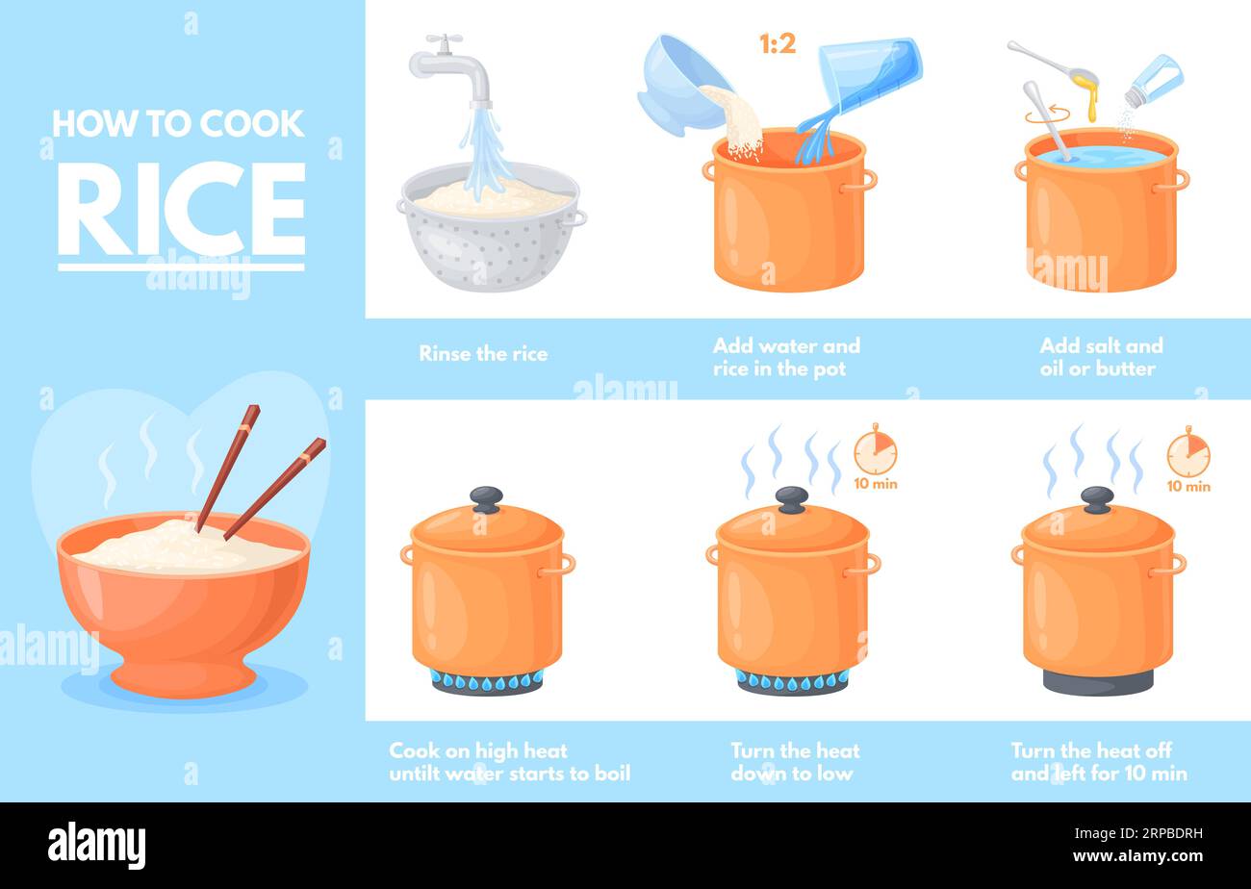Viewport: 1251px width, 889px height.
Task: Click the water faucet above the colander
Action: (450, 67)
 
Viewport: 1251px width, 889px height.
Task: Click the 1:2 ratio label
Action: (778, 43)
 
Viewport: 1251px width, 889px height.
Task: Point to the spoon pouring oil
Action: (1055, 62)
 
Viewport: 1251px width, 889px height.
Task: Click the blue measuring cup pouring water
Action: (866, 72)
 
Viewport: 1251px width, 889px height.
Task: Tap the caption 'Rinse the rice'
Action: (483, 354)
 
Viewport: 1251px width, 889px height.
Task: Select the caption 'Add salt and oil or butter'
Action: (1101, 357)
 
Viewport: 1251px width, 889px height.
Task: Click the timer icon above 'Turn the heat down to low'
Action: (875, 452)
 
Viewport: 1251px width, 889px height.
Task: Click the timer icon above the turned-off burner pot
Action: (1187, 455)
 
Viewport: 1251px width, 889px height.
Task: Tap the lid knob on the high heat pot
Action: (486, 498)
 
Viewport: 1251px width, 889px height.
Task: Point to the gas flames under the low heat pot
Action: (792, 681)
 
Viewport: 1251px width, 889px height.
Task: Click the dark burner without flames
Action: (1097, 682)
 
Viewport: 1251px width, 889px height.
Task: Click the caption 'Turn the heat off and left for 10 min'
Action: (1098, 762)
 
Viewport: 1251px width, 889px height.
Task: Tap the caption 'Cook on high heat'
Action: (509, 762)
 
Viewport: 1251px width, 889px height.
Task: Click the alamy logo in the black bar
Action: (96, 846)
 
